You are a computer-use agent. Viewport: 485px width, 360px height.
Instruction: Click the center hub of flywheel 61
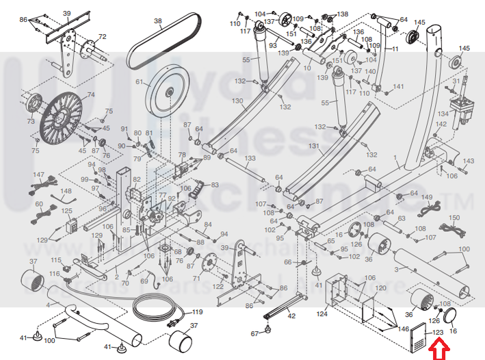[168, 88]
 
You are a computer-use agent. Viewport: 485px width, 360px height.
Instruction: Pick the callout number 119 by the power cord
[197, 312]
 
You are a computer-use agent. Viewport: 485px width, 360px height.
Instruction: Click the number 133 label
[250, 158]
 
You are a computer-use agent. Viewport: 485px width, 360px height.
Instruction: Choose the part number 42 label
[291, 316]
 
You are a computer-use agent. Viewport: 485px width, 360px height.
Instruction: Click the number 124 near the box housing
[322, 315]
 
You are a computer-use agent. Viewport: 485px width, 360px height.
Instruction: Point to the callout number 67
[254, 333]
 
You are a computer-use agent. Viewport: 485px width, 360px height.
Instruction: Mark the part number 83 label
[215, 185]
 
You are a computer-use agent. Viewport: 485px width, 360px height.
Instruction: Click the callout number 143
[469, 161]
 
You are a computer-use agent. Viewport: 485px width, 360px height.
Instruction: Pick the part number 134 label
[443, 114]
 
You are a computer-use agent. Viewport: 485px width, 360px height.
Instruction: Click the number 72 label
[102, 37]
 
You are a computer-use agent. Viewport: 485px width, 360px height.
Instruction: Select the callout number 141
[399, 86]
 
